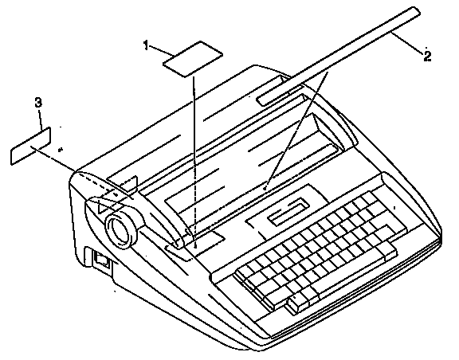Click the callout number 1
point(147,45)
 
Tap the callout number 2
point(427,56)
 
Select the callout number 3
point(38,103)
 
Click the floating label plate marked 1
point(193,59)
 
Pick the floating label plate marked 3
point(31,146)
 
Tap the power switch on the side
point(102,259)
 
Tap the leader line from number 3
point(41,119)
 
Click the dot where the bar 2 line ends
point(265,189)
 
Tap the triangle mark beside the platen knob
point(103,207)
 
